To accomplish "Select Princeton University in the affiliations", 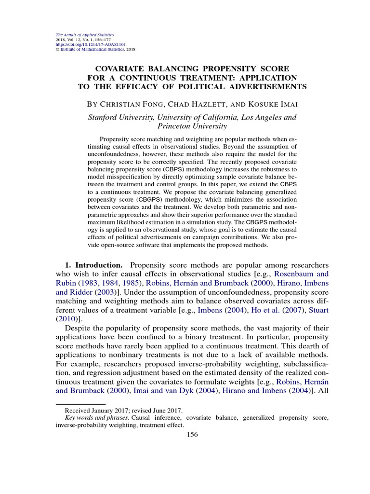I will pos(192,126).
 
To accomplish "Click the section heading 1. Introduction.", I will pos(93,265).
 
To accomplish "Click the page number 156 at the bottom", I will pos(192,434).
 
